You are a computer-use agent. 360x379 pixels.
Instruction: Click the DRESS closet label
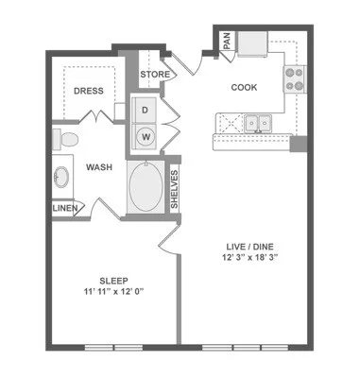coord(90,93)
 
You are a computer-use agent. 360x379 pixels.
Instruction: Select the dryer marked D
coord(146,110)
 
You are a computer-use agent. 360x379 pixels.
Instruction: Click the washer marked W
coord(146,134)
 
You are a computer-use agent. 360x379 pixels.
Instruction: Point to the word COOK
coord(245,88)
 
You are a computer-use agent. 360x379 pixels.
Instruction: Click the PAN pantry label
coord(228,42)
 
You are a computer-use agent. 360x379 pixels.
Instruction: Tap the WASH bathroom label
coord(100,167)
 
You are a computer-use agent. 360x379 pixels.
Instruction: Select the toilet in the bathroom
coord(65,140)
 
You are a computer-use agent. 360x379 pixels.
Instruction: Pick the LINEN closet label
coord(65,208)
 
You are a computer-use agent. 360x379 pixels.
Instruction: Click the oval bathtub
coord(145,186)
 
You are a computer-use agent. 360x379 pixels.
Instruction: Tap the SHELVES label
coord(176,188)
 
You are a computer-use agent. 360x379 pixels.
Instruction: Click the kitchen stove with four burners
coord(294,78)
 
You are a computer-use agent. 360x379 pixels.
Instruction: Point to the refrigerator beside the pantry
coord(252,43)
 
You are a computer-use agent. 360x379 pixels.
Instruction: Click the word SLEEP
coord(113,281)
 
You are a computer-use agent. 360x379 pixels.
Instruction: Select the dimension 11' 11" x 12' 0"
coord(113,293)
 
